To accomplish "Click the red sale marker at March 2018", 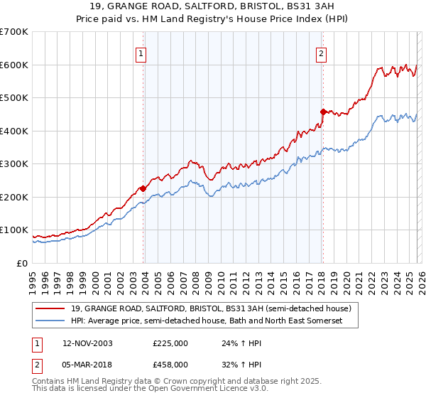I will (x=322, y=112).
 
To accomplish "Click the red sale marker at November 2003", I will (x=143, y=188).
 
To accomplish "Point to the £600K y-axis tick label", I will (x=14, y=65).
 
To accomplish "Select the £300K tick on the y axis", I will (x=14, y=164).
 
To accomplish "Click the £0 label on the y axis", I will (x=23, y=263).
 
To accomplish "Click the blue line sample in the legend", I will (x=50, y=321).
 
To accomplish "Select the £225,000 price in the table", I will (x=170, y=343).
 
